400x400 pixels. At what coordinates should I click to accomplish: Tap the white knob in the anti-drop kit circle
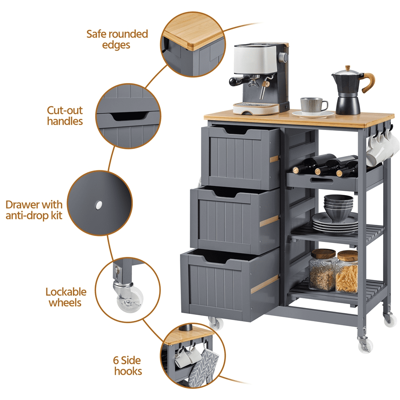[x=98, y=205]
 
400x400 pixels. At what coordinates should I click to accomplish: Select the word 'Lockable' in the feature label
[x=66, y=292]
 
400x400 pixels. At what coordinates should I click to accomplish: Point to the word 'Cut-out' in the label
[x=65, y=110]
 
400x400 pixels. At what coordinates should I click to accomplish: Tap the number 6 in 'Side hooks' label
[x=116, y=360]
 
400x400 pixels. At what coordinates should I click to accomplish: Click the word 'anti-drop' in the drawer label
[x=27, y=216]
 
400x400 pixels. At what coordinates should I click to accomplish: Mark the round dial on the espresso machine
[x=283, y=57]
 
